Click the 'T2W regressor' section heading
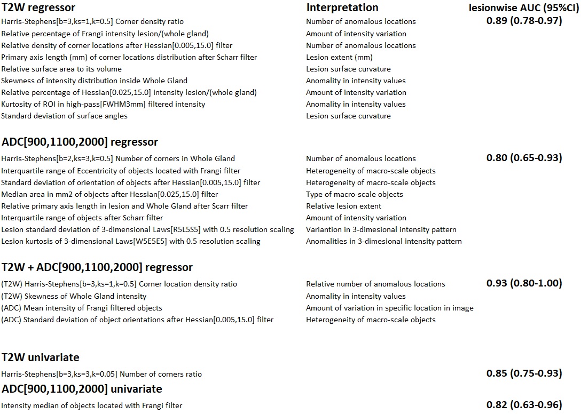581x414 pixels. [38, 7]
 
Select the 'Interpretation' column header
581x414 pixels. [342, 7]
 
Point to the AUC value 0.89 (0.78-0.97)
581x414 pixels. [524, 21]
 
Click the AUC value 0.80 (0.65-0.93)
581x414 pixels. [524, 158]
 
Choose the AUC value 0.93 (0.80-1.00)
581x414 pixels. [524, 283]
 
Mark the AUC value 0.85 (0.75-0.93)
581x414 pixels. [524, 373]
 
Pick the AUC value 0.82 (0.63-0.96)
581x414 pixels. [524, 405]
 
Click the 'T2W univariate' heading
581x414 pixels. [41, 357]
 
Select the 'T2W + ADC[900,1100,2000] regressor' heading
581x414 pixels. [97, 267]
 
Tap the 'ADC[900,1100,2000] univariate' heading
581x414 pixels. [82, 388]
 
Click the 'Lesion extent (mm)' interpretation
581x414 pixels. [339, 57]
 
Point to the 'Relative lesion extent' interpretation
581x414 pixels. [344, 206]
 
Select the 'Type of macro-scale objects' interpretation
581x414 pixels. [355, 194]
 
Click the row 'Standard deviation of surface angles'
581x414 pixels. [65, 116]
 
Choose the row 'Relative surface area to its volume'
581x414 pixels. [61, 69]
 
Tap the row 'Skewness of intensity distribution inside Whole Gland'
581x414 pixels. [95, 81]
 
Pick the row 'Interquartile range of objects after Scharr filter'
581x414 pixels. [82, 218]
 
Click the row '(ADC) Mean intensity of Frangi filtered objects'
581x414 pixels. [82, 308]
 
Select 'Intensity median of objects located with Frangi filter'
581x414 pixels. [91, 405]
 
